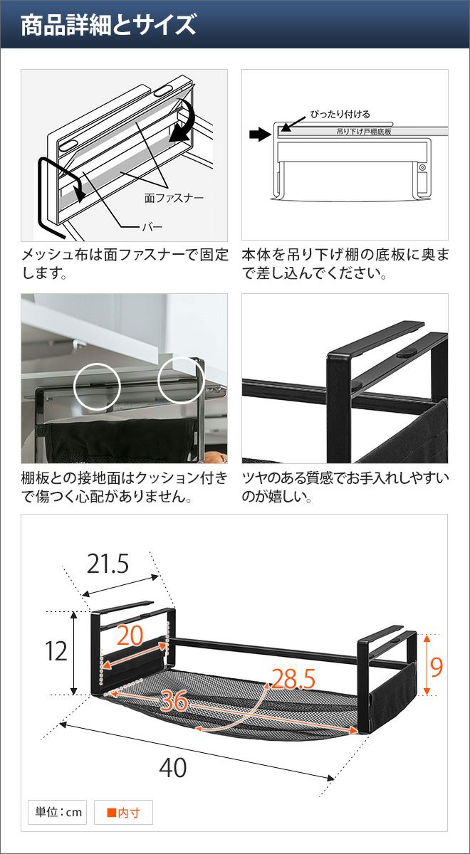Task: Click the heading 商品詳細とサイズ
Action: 108,25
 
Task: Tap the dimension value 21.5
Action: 108,564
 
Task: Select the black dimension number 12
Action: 56,651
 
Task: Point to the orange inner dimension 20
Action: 130,635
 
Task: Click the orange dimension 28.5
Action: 293,679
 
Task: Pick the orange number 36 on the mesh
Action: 174,701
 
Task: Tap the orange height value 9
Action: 437,667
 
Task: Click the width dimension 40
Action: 173,768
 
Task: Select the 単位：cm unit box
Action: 57,812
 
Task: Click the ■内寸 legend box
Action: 123,812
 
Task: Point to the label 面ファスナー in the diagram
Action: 174,198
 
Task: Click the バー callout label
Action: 152,227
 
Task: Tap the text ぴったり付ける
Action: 340,114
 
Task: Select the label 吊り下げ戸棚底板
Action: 364,132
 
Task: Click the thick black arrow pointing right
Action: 260,135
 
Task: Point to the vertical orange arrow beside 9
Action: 427,665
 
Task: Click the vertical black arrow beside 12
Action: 74,653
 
